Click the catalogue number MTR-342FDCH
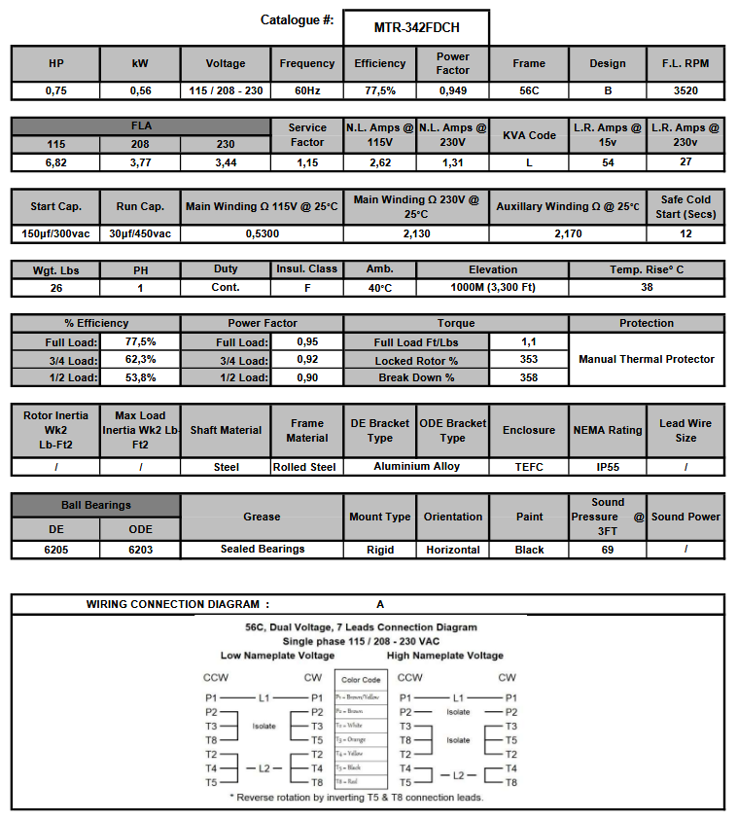pyautogui.click(x=416, y=28)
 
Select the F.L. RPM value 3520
pyautogui.click(x=685, y=90)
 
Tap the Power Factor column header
pyautogui.click(x=453, y=63)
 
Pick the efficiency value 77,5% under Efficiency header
pyautogui.click(x=380, y=90)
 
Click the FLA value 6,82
pyautogui.click(x=55, y=162)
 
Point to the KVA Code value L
pyautogui.click(x=529, y=162)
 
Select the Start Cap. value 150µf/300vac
pyautogui.click(x=55, y=233)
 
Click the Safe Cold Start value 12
pyautogui.click(x=685, y=233)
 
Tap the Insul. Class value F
pyautogui.click(x=307, y=288)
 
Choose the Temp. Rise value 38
pyautogui.click(x=647, y=288)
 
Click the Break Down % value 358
pyautogui.click(x=529, y=377)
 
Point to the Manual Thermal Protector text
pyautogui.click(x=647, y=359)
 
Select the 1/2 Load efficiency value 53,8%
pyautogui.click(x=140, y=377)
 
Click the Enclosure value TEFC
pyautogui.click(x=529, y=467)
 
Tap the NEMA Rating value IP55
pyautogui.click(x=608, y=467)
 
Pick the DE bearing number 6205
pyautogui.click(x=55, y=550)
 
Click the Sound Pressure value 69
pyautogui.click(x=608, y=550)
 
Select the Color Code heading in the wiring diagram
pyautogui.click(x=361, y=680)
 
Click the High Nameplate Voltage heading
pyautogui.click(x=445, y=656)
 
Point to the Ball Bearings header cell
pyautogui.click(x=95, y=505)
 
